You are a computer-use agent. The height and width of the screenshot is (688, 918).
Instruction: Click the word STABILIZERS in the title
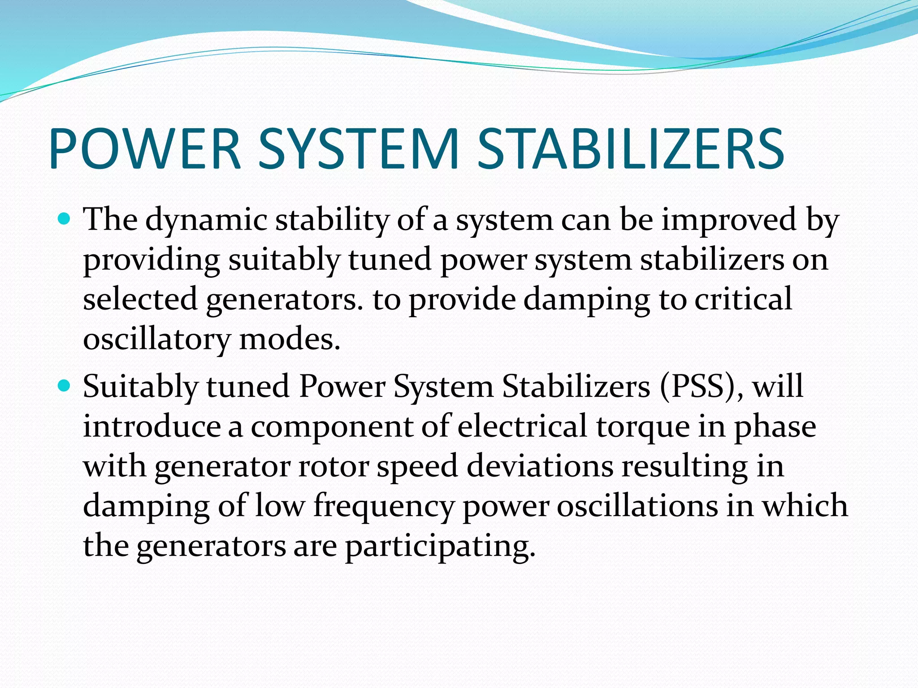(630, 149)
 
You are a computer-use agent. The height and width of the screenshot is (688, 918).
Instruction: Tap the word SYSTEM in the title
(359, 149)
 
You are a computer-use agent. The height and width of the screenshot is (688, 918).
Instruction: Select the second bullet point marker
(65, 386)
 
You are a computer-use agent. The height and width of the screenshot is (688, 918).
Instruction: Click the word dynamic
(206, 221)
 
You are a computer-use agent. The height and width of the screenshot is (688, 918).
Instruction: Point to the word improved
(729, 221)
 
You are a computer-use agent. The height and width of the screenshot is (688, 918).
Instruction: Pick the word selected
(140, 299)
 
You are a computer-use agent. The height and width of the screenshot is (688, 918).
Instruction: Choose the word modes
(290, 340)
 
